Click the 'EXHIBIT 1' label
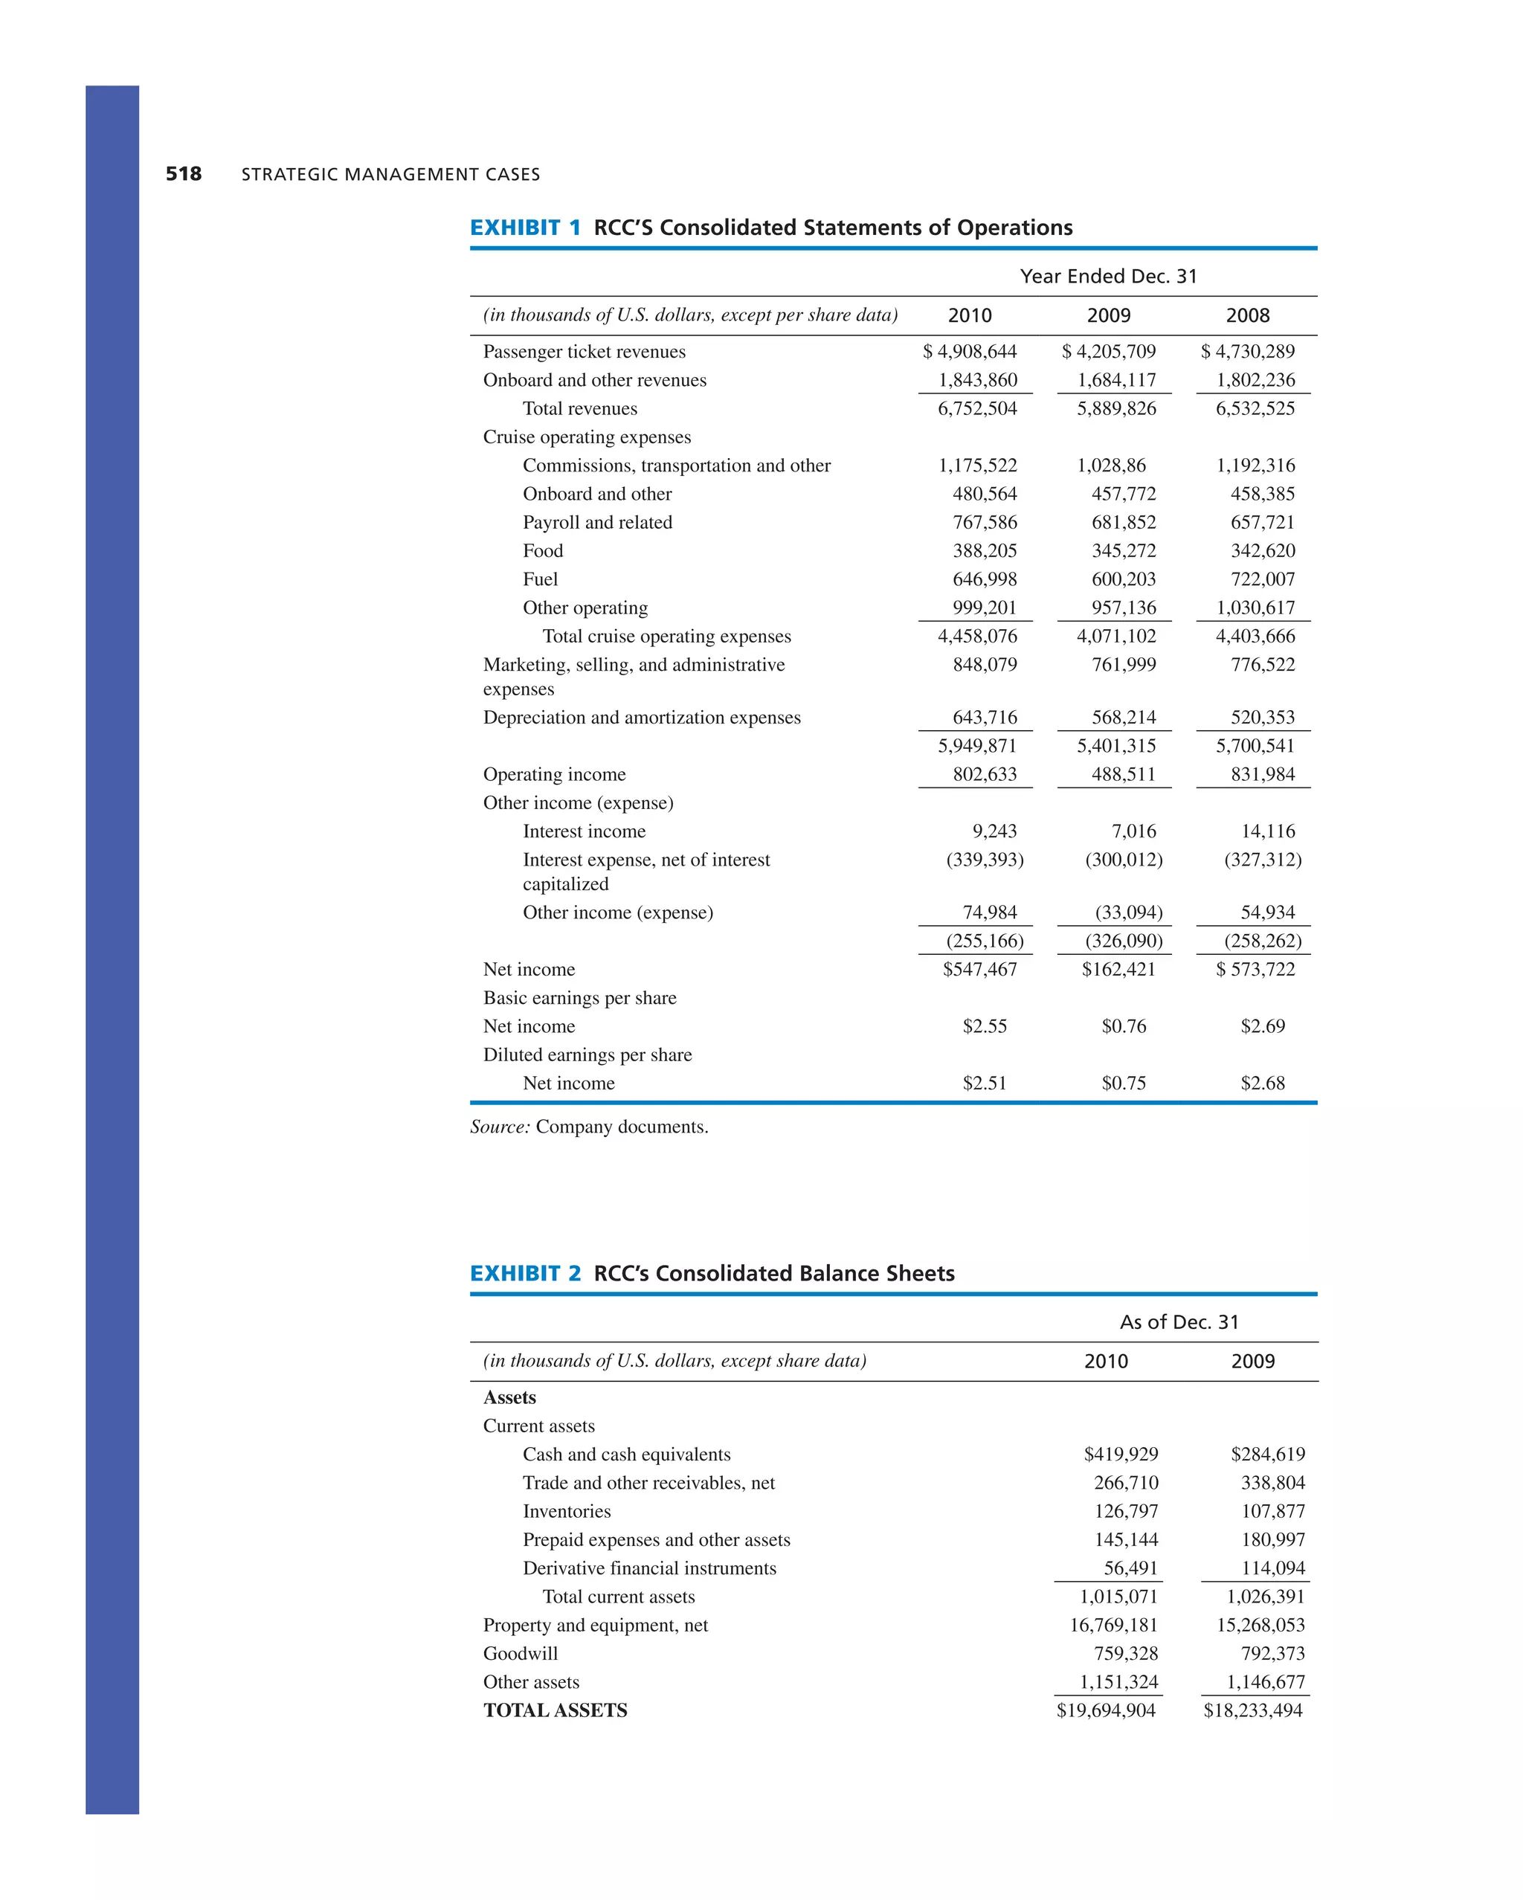coord(525,228)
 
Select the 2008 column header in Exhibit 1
coord(1247,315)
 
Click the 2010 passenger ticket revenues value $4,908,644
coord(970,352)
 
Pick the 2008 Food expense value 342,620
coord(1262,551)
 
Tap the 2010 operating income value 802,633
coord(985,775)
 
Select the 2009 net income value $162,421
coord(1118,970)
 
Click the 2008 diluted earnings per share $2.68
coord(1262,1083)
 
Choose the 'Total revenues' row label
coord(579,409)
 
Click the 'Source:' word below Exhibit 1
coord(500,1127)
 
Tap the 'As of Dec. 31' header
coord(1179,1322)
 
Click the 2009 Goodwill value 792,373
coord(1272,1653)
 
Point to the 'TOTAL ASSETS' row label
coord(556,1710)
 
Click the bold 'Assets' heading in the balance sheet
coord(509,1398)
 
